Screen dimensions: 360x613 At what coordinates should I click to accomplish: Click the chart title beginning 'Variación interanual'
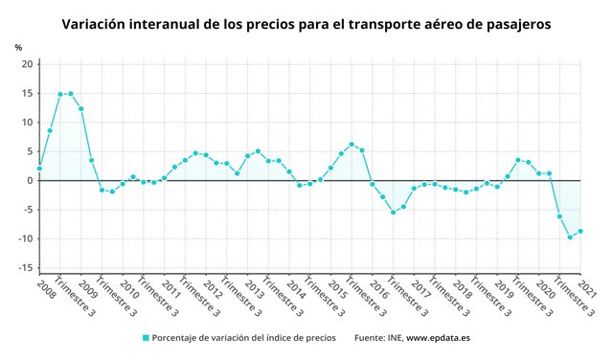(306, 23)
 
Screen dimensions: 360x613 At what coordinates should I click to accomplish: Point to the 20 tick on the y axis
(28, 64)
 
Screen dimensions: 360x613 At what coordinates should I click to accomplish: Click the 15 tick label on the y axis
(28, 94)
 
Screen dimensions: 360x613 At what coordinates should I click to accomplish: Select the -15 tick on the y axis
(26, 268)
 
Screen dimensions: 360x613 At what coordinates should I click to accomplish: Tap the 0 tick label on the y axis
(31, 181)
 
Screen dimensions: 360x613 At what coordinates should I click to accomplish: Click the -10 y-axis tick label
(26, 239)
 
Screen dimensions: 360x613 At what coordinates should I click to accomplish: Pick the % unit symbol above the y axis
(18, 47)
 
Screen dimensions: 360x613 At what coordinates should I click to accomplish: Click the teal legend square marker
(146, 338)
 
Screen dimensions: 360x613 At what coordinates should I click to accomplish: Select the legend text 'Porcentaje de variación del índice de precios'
(243, 338)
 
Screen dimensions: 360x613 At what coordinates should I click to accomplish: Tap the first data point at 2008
(39, 169)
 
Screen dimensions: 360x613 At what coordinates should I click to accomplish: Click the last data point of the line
(580, 231)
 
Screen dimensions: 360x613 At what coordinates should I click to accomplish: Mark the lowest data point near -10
(570, 236)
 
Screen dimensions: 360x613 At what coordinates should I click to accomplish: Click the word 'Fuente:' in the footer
(372, 338)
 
